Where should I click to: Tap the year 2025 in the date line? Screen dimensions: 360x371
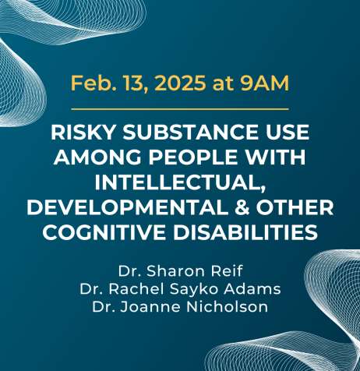181,83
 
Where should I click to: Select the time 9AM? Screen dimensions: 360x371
265,83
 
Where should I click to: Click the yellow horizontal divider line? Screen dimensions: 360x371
180,109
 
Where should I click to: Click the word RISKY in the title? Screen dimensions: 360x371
83,132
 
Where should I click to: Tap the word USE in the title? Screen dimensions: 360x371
284,132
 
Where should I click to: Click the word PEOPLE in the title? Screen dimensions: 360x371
193,157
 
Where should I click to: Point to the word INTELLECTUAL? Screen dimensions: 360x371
180,182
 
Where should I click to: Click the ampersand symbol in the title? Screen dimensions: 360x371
242,207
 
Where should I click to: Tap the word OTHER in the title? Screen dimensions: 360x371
295,207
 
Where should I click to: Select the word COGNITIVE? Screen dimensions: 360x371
104,231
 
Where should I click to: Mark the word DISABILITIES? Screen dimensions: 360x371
245,231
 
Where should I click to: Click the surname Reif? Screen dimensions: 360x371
227,271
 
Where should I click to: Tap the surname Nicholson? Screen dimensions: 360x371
228,307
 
